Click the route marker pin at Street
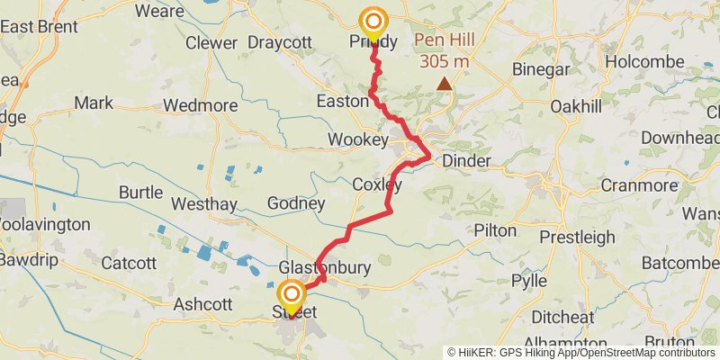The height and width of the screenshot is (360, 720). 292,296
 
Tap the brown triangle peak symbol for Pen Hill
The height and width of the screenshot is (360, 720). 444,84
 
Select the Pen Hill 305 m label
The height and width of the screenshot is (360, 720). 443,51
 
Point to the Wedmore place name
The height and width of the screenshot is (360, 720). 200,105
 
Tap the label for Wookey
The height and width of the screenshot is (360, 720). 357,140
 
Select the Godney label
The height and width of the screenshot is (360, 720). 296,203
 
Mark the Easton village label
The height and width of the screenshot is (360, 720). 342,101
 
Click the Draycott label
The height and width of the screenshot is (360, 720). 279,42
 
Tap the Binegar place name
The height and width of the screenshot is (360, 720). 541,69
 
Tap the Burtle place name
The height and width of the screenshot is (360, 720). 140,193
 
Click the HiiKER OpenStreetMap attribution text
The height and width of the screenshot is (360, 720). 581,353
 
